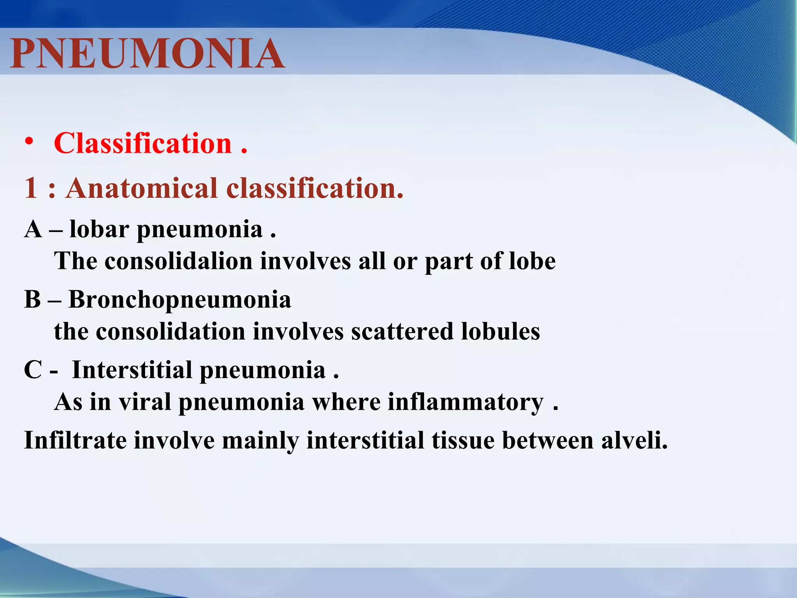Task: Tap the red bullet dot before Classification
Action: click(29, 142)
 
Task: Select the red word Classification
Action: click(143, 143)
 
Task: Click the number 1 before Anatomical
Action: click(31, 188)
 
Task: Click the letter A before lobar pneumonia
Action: click(33, 229)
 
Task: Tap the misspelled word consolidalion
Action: click(179, 261)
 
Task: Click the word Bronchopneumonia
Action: click(180, 300)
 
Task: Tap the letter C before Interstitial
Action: click(33, 369)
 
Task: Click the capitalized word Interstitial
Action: click(132, 369)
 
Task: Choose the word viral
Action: click(145, 402)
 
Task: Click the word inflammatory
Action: click(465, 403)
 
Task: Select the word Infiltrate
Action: click(75, 440)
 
